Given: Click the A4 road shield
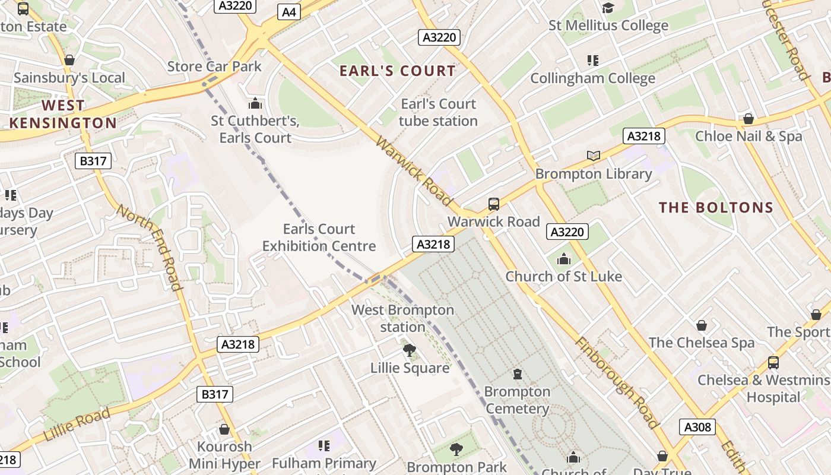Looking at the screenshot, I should point(289,12).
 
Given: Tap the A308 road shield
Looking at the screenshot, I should point(697,427).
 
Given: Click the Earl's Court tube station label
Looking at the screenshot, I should point(438,112).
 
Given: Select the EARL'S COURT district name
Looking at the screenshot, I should point(398,71).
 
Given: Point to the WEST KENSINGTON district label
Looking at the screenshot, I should point(63,115).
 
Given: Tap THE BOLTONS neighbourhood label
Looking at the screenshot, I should point(716,207).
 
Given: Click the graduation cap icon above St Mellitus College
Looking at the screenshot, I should point(608,8).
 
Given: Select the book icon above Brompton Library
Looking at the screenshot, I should point(594,156).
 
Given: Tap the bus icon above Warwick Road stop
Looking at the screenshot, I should point(494,204).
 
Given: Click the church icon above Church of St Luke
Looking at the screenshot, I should point(564,259).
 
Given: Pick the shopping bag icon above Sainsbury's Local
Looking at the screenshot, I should point(69,60).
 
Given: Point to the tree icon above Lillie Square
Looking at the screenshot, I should point(409,350).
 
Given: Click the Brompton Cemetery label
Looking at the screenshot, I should point(517,400).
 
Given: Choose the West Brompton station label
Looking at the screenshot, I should point(402,318).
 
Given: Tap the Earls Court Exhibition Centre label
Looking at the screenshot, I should point(319,237).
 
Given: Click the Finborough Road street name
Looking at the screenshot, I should point(617,383).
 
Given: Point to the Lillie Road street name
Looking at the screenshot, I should point(77,425).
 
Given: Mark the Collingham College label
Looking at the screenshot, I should point(592,78).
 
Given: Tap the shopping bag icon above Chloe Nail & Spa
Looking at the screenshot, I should point(748,119).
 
